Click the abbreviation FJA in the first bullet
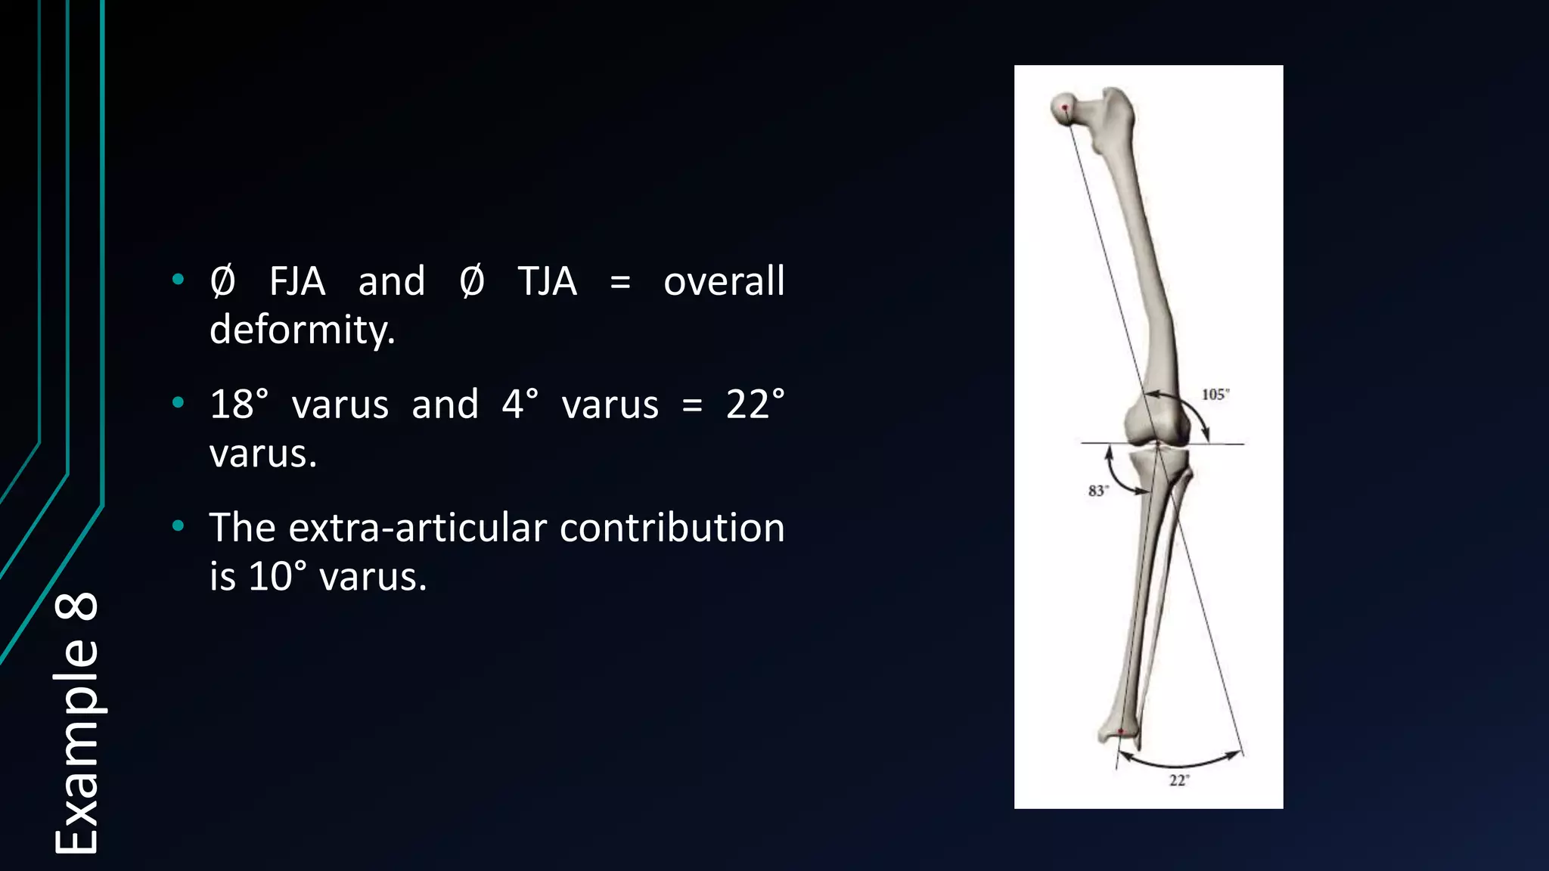[297, 282]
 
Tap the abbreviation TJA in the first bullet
[547, 282]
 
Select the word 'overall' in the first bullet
[724, 282]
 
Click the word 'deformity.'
[303, 330]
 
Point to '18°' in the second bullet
[239, 405]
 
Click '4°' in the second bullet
[520, 405]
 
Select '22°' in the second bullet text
[755, 405]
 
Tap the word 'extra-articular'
[418, 528]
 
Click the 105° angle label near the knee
[1215, 395]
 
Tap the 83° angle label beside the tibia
[1098, 491]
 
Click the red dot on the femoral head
[1065, 108]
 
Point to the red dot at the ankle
[1121, 731]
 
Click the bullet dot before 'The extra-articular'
[178, 525]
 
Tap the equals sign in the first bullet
[620, 283]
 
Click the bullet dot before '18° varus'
[178, 402]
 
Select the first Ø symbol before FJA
[222, 282]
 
